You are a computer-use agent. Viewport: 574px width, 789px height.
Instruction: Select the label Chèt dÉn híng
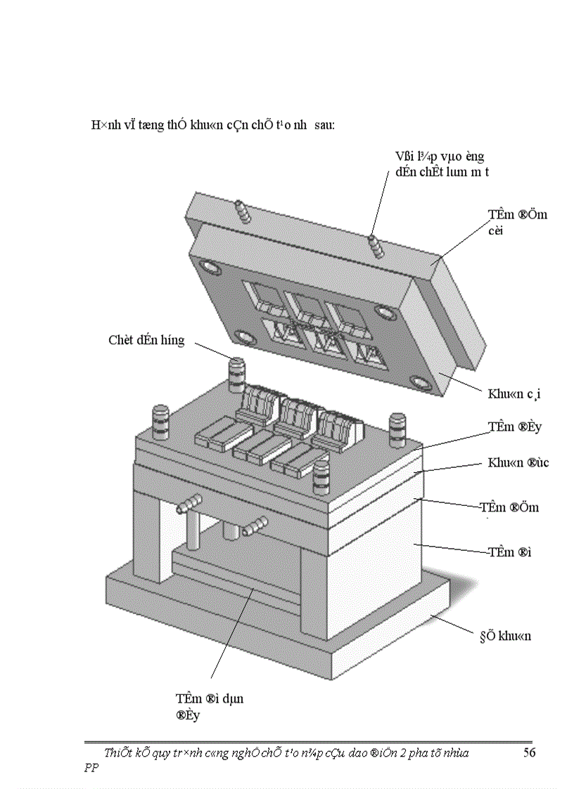click(146, 340)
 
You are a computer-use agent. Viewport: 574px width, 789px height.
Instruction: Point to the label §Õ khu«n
click(500, 637)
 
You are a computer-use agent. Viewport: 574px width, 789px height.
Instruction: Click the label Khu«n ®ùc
click(518, 463)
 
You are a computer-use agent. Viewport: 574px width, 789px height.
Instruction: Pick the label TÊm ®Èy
click(515, 426)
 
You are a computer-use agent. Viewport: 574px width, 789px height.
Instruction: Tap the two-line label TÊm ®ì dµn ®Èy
click(210, 707)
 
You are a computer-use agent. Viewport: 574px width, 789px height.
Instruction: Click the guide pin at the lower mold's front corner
click(321, 476)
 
